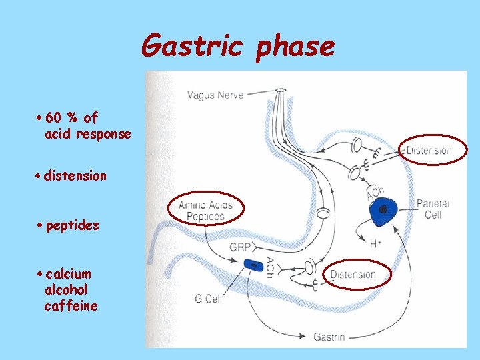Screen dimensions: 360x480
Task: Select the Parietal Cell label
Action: tap(433, 209)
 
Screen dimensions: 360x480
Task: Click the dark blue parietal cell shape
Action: tap(383, 209)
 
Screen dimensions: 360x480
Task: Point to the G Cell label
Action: tap(208, 299)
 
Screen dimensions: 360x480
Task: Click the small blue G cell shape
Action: tap(254, 265)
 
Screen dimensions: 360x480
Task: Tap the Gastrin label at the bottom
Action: tap(329, 337)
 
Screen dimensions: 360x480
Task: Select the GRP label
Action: tap(239, 246)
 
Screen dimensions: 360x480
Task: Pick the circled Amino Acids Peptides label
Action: tap(206, 211)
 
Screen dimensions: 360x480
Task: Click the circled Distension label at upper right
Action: tap(429, 150)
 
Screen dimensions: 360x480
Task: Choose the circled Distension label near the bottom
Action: tap(353, 274)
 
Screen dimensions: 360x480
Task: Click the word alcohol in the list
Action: tap(66, 290)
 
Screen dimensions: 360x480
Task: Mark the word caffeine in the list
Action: tap(71, 306)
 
